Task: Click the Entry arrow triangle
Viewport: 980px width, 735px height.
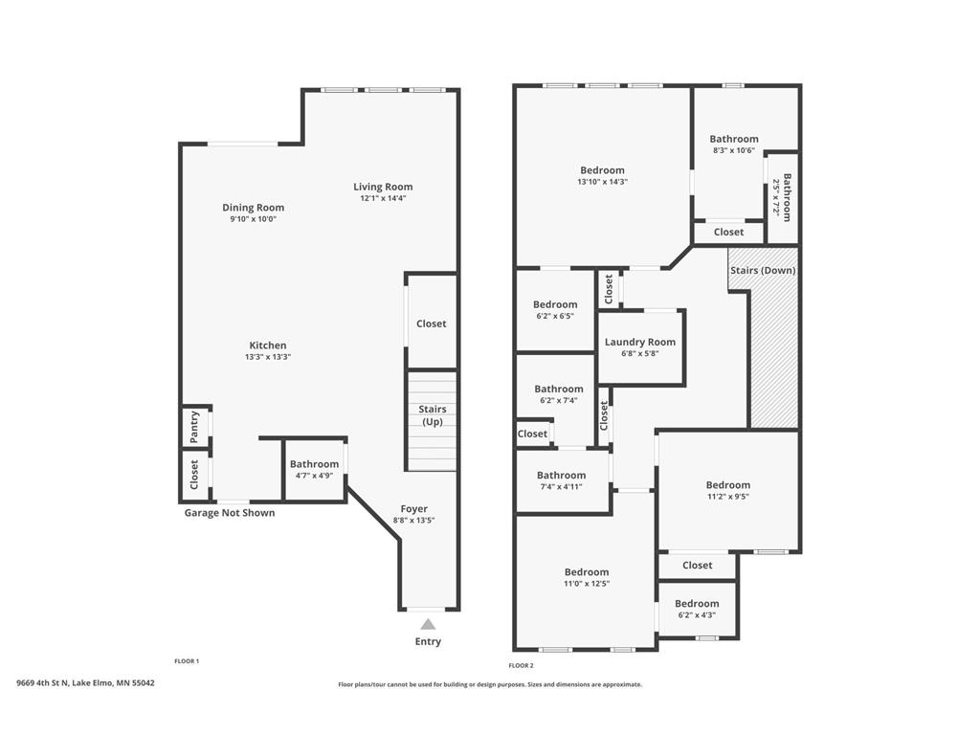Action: (428, 624)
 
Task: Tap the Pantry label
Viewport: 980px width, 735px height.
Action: (194, 426)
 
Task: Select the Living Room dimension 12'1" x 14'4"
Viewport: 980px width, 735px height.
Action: (383, 198)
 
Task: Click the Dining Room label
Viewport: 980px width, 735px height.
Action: (253, 207)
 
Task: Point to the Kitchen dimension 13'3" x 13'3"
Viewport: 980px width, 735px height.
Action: (268, 357)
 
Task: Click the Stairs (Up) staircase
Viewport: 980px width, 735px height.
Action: (432, 421)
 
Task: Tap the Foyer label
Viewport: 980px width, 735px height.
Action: (413, 509)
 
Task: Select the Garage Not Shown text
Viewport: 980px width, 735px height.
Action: (230, 513)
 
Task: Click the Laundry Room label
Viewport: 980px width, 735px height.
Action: (640, 342)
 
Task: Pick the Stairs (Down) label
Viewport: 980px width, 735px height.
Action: (763, 270)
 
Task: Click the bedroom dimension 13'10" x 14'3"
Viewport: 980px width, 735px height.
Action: (603, 182)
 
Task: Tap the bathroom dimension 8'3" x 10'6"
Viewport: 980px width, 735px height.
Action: (734, 150)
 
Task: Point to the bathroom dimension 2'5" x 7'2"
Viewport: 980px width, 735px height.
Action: (776, 197)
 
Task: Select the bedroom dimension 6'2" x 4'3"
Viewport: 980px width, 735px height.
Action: (697, 615)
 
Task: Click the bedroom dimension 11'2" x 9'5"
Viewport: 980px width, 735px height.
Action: (728, 497)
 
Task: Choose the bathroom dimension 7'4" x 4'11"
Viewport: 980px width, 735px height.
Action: (561, 486)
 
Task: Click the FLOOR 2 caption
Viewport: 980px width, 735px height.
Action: (522, 666)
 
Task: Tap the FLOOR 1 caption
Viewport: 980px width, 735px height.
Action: (187, 660)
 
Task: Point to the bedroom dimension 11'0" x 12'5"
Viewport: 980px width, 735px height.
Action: (587, 584)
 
